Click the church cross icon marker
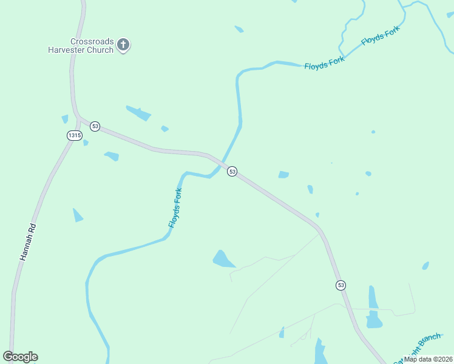pos(123,44)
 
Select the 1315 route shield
pos(74,136)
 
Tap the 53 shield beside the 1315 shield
pos(95,126)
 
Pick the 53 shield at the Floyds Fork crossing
pos(232,172)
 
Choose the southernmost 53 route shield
pos(340,285)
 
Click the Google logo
pos(20,357)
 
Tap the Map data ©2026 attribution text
pos(428,359)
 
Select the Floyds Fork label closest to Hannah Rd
pos(175,208)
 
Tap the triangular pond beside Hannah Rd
pos(77,215)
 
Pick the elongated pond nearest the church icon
pos(138,113)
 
